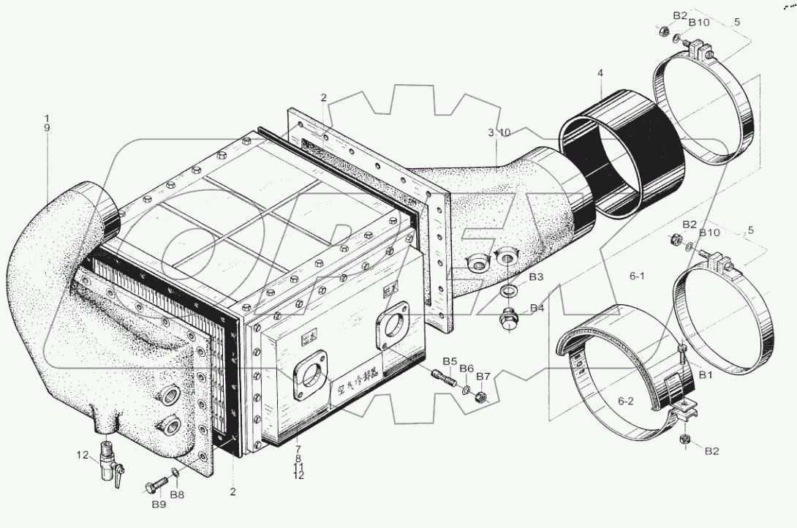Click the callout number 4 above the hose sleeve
[x=600, y=73]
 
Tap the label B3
[x=537, y=277]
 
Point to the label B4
[x=537, y=308]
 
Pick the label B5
[x=449, y=361]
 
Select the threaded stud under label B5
[x=446, y=380]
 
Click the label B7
[x=483, y=376]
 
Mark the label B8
[x=178, y=495]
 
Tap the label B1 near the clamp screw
[x=706, y=374]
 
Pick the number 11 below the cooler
[x=298, y=466]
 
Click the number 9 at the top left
[x=48, y=128]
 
